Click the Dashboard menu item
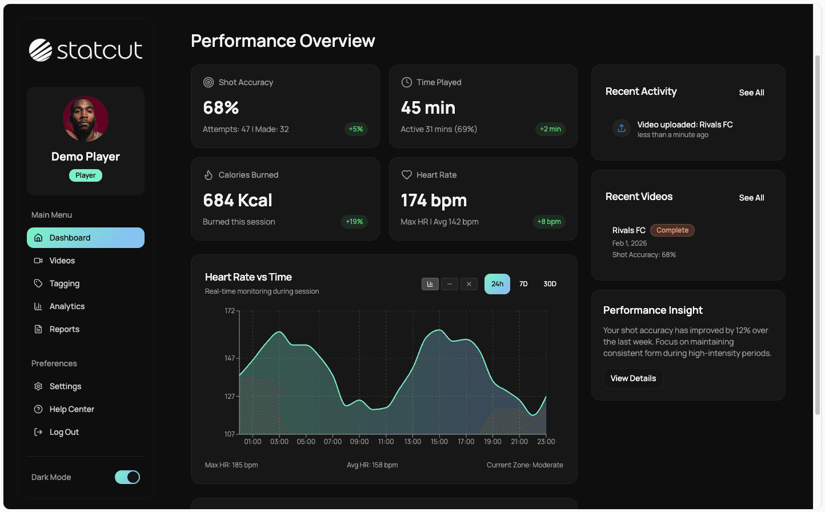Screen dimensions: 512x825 pos(85,238)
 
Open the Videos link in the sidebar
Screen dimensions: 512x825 pos(62,261)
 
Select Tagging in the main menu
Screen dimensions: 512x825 pos(64,283)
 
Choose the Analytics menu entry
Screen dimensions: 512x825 pos(67,306)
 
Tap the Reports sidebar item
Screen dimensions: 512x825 pos(64,329)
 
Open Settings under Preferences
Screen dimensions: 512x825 pos(65,386)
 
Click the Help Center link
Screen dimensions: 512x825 pos(71,409)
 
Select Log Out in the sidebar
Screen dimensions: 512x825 pos(64,432)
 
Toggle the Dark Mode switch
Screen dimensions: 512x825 pos(127,477)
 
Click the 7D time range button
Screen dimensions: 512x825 pos(523,284)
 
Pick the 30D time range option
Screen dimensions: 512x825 pos(550,284)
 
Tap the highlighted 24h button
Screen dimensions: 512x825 pos(497,284)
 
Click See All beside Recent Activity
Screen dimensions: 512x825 pos(751,93)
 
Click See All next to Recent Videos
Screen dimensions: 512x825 pos(751,198)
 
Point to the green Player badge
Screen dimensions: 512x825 pos(86,175)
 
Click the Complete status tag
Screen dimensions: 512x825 pos(672,230)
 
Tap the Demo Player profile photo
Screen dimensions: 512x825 pos(86,119)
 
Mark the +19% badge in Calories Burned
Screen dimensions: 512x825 pos(354,222)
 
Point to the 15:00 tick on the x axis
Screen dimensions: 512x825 pos(439,441)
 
